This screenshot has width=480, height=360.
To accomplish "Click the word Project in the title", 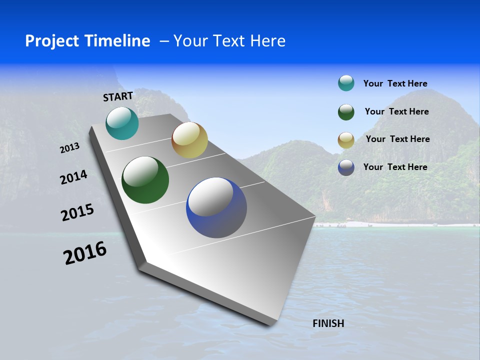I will click(x=52, y=41).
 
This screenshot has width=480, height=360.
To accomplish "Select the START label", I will click(x=118, y=96).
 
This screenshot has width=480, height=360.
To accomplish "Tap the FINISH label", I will click(x=328, y=323).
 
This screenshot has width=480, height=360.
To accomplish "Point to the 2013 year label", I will click(x=69, y=148).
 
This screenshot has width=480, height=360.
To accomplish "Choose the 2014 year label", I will click(x=73, y=177).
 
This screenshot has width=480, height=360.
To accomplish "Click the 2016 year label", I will click(x=85, y=253).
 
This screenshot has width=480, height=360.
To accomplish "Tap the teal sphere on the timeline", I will click(x=122, y=123).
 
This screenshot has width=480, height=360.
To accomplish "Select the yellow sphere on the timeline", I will click(x=189, y=140).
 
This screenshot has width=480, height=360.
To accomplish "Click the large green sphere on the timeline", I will click(x=145, y=180).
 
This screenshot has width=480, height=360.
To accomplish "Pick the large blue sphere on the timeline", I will click(x=216, y=207).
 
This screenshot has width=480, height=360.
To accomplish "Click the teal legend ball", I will click(x=346, y=83).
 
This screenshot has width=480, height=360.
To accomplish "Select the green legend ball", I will click(x=346, y=112).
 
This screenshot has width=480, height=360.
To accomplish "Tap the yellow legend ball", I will click(x=346, y=140).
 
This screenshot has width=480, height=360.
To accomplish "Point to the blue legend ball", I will click(x=346, y=167).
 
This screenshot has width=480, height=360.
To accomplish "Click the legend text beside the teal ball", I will click(x=395, y=83).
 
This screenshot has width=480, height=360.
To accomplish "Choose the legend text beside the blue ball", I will click(x=395, y=167).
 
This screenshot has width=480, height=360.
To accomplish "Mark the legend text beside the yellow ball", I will click(x=397, y=139).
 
